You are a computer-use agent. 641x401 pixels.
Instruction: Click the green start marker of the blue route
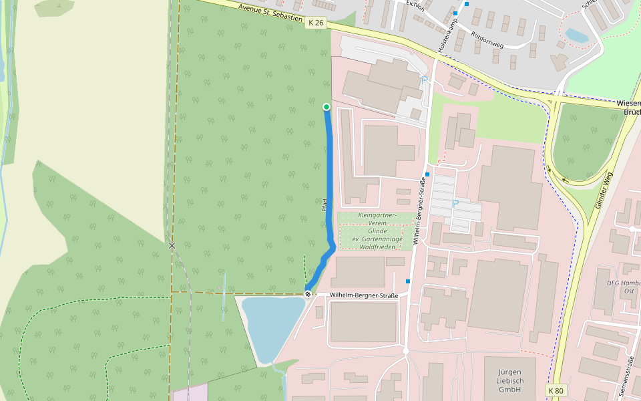coord(327,107)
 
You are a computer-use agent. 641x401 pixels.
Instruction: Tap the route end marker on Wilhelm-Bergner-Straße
coord(308,294)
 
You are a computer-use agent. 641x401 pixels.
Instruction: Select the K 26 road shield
coord(316,23)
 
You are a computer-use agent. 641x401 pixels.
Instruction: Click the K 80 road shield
coord(556,390)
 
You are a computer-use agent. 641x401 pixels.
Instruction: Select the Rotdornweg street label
coord(487,39)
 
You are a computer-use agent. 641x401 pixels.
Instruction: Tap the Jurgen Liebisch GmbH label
coord(509,380)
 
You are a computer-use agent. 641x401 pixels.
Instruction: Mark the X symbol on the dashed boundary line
coord(172,246)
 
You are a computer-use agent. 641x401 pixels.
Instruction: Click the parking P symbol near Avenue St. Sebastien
coord(424,80)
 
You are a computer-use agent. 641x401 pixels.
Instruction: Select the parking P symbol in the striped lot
coord(456,203)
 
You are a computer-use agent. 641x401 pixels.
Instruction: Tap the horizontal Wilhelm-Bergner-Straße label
coord(364,295)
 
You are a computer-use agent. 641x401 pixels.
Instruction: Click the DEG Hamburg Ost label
coord(623,287)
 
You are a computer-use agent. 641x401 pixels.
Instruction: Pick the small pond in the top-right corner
coord(576,35)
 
